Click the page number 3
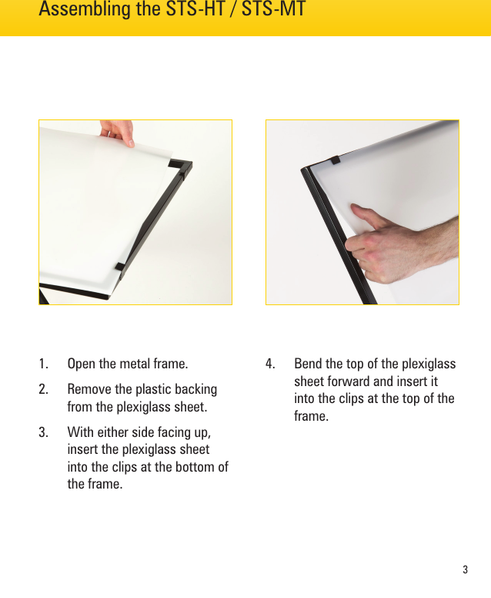click(466, 570)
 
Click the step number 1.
click(44, 364)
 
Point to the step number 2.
click(44, 390)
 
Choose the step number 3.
click(44, 432)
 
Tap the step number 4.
click(271, 364)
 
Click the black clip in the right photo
click(334, 162)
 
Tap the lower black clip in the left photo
click(120, 267)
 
